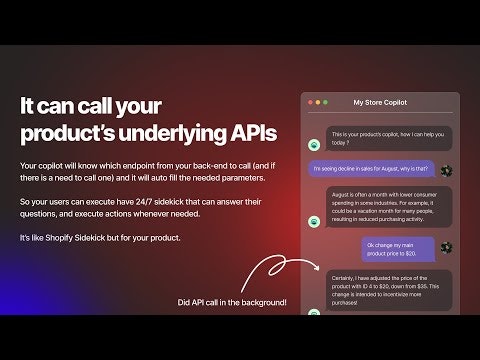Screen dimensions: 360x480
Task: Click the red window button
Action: coord(311,102)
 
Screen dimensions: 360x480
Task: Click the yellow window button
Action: coord(319,102)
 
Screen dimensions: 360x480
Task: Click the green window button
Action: coord(327,102)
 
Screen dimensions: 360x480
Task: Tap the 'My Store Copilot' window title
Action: coord(381,102)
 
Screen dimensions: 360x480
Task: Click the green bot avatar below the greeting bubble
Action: coord(313,147)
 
